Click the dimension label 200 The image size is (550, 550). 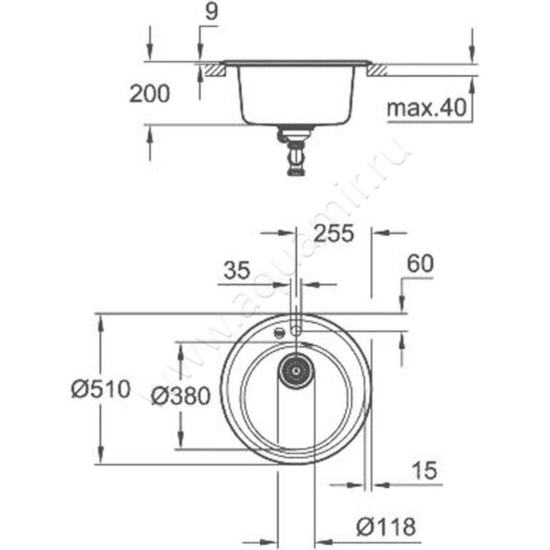(149, 93)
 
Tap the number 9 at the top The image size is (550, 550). (211, 11)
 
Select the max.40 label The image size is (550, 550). (426, 108)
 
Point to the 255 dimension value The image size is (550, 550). (333, 233)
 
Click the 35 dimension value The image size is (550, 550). (237, 270)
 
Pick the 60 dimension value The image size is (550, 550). (420, 264)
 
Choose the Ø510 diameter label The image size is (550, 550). (100, 389)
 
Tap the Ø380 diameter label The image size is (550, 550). (181, 396)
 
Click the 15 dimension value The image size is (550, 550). (424, 470)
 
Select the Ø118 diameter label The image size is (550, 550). (386, 527)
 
